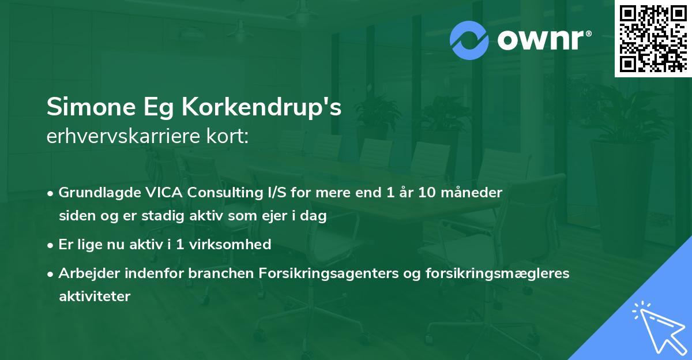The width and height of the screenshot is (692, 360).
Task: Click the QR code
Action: (653, 39)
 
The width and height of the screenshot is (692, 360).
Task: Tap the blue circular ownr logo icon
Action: (469, 40)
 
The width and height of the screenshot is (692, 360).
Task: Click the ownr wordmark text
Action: (544, 40)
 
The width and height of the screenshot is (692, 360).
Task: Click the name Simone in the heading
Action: (91, 107)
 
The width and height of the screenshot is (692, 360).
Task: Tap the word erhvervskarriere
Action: (123, 136)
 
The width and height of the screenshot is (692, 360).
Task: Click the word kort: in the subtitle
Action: (227, 136)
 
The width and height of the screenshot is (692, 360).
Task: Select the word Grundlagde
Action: (100, 193)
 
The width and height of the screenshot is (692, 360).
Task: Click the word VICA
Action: (164, 192)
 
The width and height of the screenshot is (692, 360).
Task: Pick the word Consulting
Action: (225, 193)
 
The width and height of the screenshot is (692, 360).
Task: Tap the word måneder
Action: (472, 192)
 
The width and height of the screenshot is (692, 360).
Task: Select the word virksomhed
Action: (230, 244)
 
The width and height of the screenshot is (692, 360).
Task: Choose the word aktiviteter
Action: (95, 297)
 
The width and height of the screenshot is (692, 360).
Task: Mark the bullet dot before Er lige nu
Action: (50, 246)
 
